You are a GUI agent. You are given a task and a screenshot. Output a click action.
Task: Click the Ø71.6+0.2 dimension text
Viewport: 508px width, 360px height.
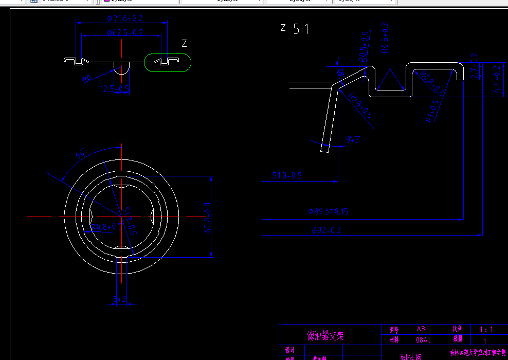(124, 19)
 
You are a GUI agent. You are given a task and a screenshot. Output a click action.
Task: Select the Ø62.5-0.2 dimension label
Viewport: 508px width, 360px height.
(125, 32)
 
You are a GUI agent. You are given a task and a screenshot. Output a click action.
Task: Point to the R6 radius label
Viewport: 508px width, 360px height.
(86, 79)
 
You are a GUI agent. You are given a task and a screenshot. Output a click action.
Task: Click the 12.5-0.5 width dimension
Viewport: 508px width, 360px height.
(115, 89)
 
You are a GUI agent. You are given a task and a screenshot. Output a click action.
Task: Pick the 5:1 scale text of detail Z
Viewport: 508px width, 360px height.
(301, 29)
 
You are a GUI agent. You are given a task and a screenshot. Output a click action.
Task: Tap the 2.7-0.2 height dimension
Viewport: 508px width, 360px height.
(474, 65)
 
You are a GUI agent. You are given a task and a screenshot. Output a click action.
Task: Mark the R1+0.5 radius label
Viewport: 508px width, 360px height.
(433, 110)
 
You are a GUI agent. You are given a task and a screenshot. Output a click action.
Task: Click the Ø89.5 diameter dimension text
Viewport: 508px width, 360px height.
(328, 211)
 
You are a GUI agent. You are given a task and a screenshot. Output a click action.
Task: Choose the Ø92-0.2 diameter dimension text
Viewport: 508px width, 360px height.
(326, 230)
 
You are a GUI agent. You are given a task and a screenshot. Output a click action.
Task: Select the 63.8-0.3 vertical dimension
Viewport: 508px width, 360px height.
(208, 217)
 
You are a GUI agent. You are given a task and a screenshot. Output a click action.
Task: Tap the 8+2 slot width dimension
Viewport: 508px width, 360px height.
(119, 298)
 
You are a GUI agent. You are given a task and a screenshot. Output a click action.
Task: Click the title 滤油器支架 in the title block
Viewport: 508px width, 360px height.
(325, 336)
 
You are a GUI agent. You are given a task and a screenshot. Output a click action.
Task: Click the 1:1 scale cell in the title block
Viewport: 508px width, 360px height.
(486, 329)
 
